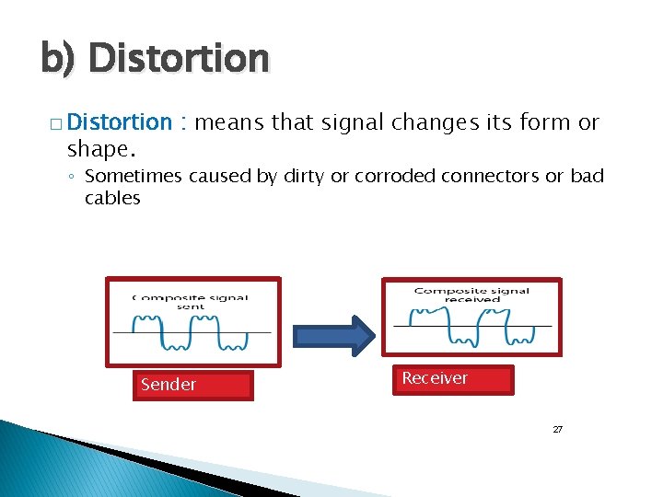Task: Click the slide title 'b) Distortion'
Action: [155, 59]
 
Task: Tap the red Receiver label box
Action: [453, 379]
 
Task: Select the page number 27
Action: [557, 430]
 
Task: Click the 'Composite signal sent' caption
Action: [191, 302]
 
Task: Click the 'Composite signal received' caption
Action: [471, 295]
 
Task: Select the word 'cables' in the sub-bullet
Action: [112, 198]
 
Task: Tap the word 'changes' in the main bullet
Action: [437, 122]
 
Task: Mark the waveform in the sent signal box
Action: [191, 333]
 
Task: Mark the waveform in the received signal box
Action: [471, 327]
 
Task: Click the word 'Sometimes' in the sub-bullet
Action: [134, 176]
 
